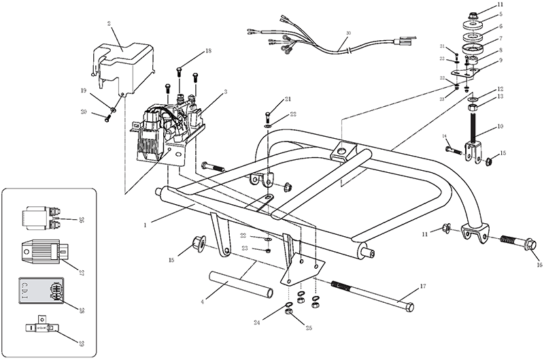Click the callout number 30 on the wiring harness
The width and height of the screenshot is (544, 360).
[349, 33]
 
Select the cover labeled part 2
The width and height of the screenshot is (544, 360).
[122, 58]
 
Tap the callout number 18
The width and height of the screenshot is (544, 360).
[208, 51]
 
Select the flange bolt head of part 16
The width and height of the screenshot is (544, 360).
[531, 244]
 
